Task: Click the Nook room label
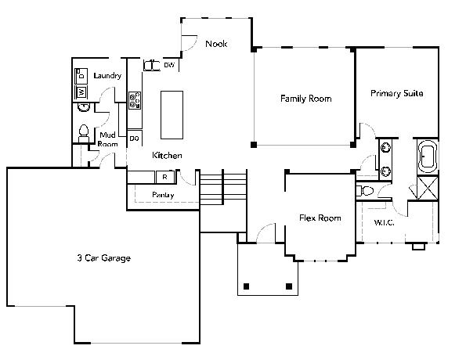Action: click(x=216, y=44)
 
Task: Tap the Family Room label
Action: click(x=305, y=99)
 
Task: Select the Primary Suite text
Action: click(x=397, y=93)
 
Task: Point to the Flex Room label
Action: click(x=320, y=218)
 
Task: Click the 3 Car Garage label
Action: click(x=103, y=257)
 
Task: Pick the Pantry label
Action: click(x=163, y=195)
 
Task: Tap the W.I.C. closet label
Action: click(x=384, y=222)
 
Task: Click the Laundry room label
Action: click(x=107, y=75)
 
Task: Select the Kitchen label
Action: click(x=167, y=155)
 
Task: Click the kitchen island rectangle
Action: click(x=172, y=115)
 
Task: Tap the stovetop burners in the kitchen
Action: click(x=135, y=100)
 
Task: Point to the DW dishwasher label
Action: click(x=169, y=65)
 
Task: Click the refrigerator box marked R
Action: click(x=165, y=177)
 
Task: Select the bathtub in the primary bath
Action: click(x=428, y=157)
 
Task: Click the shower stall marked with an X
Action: click(x=428, y=188)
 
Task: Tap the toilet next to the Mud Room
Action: click(x=84, y=133)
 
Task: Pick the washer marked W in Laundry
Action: click(x=81, y=92)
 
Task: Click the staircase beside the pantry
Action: click(x=223, y=187)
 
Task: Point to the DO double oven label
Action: click(x=135, y=139)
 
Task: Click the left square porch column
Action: click(x=246, y=286)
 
